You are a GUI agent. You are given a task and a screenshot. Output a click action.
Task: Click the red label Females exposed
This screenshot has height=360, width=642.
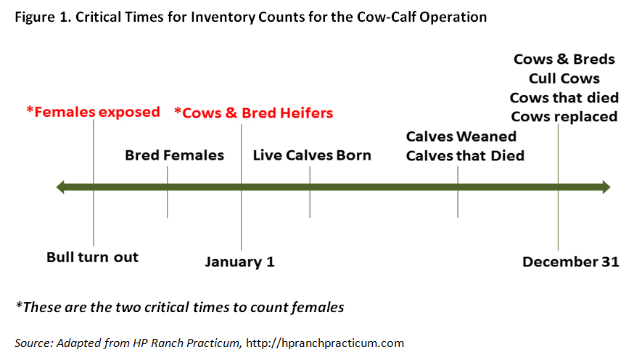pyautogui.click(x=93, y=112)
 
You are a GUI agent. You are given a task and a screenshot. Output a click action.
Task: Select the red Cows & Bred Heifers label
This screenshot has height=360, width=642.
pyautogui.click(x=253, y=112)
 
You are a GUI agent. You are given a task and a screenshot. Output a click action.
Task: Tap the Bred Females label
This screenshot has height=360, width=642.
pyautogui.click(x=174, y=155)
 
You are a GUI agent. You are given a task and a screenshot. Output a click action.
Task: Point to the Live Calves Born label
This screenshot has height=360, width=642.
pyautogui.click(x=312, y=155)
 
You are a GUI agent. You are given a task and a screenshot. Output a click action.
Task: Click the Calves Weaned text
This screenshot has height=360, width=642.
pyautogui.click(x=461, y=136)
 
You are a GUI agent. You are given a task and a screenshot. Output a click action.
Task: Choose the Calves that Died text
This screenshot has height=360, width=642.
pyautogui.click(x=465, y=155)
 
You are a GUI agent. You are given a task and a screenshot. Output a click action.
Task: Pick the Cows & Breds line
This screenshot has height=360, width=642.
pyautogui.click(x=564, y=59)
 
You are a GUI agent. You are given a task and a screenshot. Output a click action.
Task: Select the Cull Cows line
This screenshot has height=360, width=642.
pyautogui.click(x=564, y=78)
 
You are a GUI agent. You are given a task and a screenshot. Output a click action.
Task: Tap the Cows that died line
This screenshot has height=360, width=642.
pyautogui.click(x=564, y=97)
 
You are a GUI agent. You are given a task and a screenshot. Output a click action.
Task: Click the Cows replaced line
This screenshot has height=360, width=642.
pyautogui.click(x=564, y=117)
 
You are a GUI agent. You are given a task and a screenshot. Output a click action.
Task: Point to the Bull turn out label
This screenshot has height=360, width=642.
pyautogui.click(x=93, y=257)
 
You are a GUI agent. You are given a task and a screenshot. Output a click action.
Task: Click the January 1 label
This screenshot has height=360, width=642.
pyautogui.click(x=239, y=262)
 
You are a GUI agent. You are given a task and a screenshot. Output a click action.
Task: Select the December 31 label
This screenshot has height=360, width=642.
pyautogui.click(x=571, y=262)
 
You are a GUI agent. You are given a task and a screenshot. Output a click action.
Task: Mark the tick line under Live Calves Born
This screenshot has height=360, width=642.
pyautogui.click(x=310, y=192)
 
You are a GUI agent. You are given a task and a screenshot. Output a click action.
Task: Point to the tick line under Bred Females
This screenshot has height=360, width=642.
pyautogui.click(x=167, y=192)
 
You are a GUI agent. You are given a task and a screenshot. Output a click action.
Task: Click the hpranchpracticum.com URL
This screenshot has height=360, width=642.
pyautogui.click(x=325, y=343)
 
